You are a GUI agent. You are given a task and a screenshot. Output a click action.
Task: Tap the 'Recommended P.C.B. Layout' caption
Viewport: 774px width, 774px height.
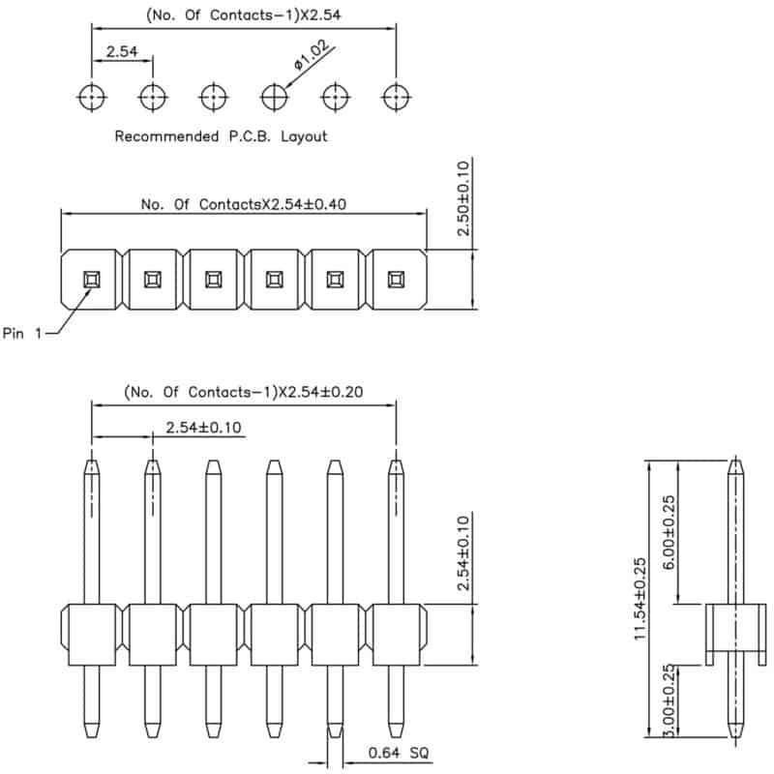(221, 136)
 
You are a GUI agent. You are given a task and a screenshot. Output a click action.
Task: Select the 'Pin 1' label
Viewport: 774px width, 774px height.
(22, 333)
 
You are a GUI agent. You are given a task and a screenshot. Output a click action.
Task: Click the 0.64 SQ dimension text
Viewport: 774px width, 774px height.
(399, 753)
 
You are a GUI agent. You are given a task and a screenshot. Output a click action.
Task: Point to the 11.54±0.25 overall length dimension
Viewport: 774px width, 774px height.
(640, 599)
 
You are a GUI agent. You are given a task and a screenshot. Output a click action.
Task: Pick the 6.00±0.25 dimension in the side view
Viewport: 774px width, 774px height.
(668, 533)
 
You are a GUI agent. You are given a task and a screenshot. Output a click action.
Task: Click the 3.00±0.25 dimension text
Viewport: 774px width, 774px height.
(668, 700)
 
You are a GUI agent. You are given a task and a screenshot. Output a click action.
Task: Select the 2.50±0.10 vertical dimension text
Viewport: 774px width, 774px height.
(463, 198)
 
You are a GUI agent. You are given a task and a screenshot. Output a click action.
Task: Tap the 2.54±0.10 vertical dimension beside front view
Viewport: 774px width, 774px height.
(463, 553)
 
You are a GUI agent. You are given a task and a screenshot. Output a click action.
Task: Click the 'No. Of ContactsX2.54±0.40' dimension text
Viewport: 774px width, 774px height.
(244, 204)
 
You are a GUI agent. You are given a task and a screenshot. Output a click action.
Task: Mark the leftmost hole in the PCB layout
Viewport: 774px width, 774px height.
(92, 97)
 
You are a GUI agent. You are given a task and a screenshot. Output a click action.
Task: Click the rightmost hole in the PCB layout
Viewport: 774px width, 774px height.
(396, 97)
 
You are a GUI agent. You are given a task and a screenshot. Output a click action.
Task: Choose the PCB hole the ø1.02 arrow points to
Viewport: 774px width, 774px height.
(275, 97)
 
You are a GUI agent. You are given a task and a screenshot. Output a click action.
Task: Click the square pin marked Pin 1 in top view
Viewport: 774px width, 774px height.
(92, 280)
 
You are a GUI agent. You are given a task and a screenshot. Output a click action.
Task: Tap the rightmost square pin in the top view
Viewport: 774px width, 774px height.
(396, 280)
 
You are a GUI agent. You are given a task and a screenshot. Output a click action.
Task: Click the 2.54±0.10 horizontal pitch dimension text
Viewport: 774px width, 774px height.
(203, 427)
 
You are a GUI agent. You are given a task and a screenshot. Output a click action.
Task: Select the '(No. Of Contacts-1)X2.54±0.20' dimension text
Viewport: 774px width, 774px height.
(244, 392)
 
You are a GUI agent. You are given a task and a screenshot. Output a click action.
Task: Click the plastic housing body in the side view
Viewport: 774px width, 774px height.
(735, 627)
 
